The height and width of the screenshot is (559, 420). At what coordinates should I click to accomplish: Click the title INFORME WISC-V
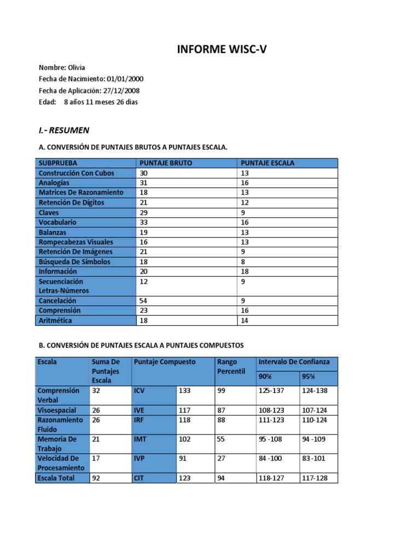click(221, 50)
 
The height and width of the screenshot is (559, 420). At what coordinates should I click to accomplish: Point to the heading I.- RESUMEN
click(64, 130)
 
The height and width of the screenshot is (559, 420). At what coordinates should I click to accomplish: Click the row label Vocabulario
click(57, 222)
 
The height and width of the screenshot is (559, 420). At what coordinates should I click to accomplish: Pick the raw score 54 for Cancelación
click(144, 301)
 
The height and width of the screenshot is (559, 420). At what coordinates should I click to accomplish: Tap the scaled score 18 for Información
click(244, 271)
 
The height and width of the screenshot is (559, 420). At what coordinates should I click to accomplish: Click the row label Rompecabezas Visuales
click(75, 242)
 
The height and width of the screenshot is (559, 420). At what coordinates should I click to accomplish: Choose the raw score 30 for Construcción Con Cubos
click(144, 173)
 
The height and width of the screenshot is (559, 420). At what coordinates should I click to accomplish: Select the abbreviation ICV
click(139, 391)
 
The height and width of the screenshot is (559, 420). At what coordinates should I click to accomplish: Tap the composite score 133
click(185, 391)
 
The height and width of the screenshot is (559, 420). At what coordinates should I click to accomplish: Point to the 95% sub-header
click(308, 377)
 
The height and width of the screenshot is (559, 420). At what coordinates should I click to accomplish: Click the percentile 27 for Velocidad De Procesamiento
click(221, 459)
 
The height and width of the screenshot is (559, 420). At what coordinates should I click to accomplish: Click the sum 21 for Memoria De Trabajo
click(96, 439)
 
